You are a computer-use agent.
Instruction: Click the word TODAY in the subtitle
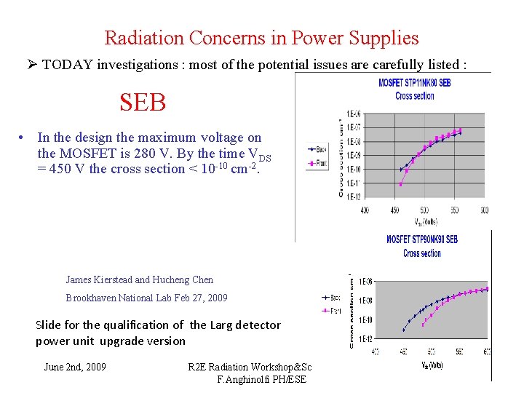(66, 65)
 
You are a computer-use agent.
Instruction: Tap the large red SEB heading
(143, 102)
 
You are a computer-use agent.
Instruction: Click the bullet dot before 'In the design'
(24, 138)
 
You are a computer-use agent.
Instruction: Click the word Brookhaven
(92, 298)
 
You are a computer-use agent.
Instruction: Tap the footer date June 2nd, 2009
(75, 367)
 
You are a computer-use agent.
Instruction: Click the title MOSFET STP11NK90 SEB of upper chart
(414, 83)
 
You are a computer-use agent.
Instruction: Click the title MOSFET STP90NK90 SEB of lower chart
(422, 239)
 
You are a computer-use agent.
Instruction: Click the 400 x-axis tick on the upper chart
(365, 210)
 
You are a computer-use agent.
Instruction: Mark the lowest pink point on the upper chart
(401, 184)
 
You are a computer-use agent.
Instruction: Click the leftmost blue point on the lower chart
(404, 330)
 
